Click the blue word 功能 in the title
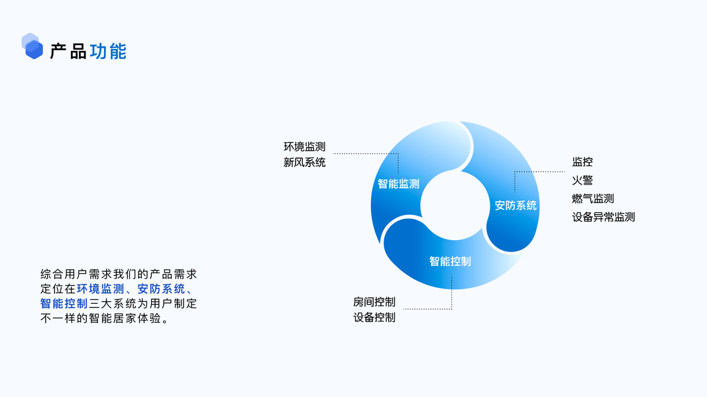pos(108,51)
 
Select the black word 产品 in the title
pos(68,51)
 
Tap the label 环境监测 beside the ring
pos(304,146)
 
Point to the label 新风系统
pos(304,162)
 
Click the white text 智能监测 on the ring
pos(398,184)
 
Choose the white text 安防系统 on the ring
pos(516,205)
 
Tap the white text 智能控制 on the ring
pos(450,261)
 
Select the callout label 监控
pos(582,161)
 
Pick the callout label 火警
pos(582,180)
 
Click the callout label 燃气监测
pos(593,198)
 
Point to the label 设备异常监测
pos(604,217)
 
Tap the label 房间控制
pos(374,302)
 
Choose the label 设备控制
pos(374,318)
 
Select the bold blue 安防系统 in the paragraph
pos(161,288)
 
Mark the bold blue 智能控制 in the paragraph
pos(64,304)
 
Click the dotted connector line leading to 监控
pos(540,171)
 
